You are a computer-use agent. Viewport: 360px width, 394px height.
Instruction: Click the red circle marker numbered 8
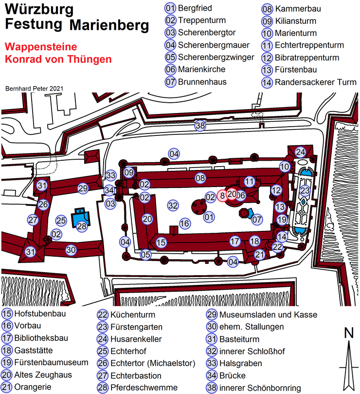pyautogui.click(x=222, y=195)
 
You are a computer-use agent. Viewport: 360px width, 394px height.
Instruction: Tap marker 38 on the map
pyautogui.click(x=200, y=125)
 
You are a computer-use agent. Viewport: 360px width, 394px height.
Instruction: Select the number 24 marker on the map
pyautogui.click(x=300, y=152)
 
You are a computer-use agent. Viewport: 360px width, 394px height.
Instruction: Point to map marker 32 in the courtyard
pyautogui.click(x=173, y=206)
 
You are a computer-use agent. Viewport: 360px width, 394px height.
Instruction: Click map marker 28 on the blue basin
pyautogui.click(x=82, y=226)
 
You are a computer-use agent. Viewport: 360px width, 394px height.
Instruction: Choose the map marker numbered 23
pyautogui.click(x=305, y=190)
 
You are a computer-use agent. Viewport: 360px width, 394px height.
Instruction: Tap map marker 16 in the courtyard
pyautogui.click(x=185, y=224)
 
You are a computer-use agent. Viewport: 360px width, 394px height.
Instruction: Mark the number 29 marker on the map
pyautogui.click(x=83, y=188)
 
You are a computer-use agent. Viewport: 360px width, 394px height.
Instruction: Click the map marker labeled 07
pyautogui.click(x=256, y=220)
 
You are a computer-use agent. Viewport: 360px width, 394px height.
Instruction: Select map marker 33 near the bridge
pyautogui.click(x=111, y=175)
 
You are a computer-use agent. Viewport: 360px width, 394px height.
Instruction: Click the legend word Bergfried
pyautogui.click(x=195, y=8)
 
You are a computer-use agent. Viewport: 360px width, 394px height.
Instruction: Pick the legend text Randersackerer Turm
pyautogui.click(x=316, y=82)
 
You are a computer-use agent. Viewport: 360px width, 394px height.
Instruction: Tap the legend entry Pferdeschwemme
pyautogui.click(x=144, y=388)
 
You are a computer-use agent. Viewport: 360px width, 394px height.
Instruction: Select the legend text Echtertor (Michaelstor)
pyautogui.click(x=153, y=363)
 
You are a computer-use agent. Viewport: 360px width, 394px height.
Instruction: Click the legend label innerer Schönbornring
pyautogui.click(x=260, y=388)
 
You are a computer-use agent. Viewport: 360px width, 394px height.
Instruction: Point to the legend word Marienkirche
pyautogui.click(x=201, y=69)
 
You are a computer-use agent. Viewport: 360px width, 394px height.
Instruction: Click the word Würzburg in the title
pyautogui.click(x=39, y=10)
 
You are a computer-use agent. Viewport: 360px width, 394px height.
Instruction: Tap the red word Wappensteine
pyautogui.click(x=41, y=47)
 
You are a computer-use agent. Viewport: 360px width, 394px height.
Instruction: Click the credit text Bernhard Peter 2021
pyautogui.click(x=34, y=89)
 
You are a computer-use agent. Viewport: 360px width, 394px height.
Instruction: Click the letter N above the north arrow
pyautogui.click(x=349, y=333)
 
